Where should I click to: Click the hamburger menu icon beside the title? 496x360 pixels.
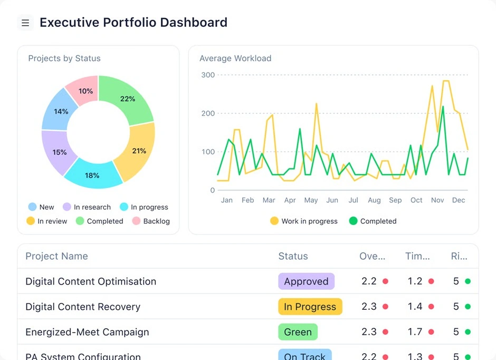click(x=25, y=23)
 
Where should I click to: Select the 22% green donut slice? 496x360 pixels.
click(x=127, y=99)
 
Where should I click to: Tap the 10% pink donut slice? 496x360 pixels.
click(x=85, y=91)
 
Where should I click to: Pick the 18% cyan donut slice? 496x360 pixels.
click(x=92, y=175)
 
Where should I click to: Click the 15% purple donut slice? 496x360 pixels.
click(x=60, y=152)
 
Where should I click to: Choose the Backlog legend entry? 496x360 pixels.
click(x=151, y=221)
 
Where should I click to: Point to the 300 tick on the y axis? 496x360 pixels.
click(x=208, y=75)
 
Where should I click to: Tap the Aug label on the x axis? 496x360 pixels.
click(x=374, y=200)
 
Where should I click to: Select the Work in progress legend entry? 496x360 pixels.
click(x=304, y=221)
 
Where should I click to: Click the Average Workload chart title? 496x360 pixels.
click(x=235, y=59)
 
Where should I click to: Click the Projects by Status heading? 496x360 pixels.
click(x=64, y=59)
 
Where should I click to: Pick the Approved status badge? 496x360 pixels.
click(x=306, y=281)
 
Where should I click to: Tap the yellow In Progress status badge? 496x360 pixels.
click(x=310, y=307)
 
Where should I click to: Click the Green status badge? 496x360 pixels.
click(x=298, y=332)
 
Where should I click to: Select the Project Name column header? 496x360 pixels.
click(x=56, y=256)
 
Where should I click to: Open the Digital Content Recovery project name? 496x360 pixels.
click(x=83, y=307)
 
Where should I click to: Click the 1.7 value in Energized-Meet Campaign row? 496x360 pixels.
click(x=415, y=332)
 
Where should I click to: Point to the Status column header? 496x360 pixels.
click(x=293, y=256)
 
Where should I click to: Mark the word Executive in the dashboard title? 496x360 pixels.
click(x=69, y=23)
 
